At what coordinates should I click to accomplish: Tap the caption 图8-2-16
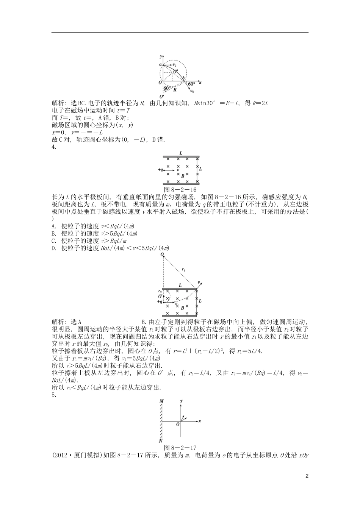[180, 189]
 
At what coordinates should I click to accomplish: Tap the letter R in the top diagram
[175, 90]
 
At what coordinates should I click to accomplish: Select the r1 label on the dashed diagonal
[183, 270]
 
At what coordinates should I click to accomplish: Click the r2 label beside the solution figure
[160, 291]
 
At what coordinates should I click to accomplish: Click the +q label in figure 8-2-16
[161, 170]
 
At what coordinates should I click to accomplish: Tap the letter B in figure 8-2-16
[183, 176]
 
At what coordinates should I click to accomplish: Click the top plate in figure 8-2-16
[181, 157]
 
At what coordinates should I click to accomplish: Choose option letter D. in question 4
[53, 248]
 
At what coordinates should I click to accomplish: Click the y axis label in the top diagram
[161, 57]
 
